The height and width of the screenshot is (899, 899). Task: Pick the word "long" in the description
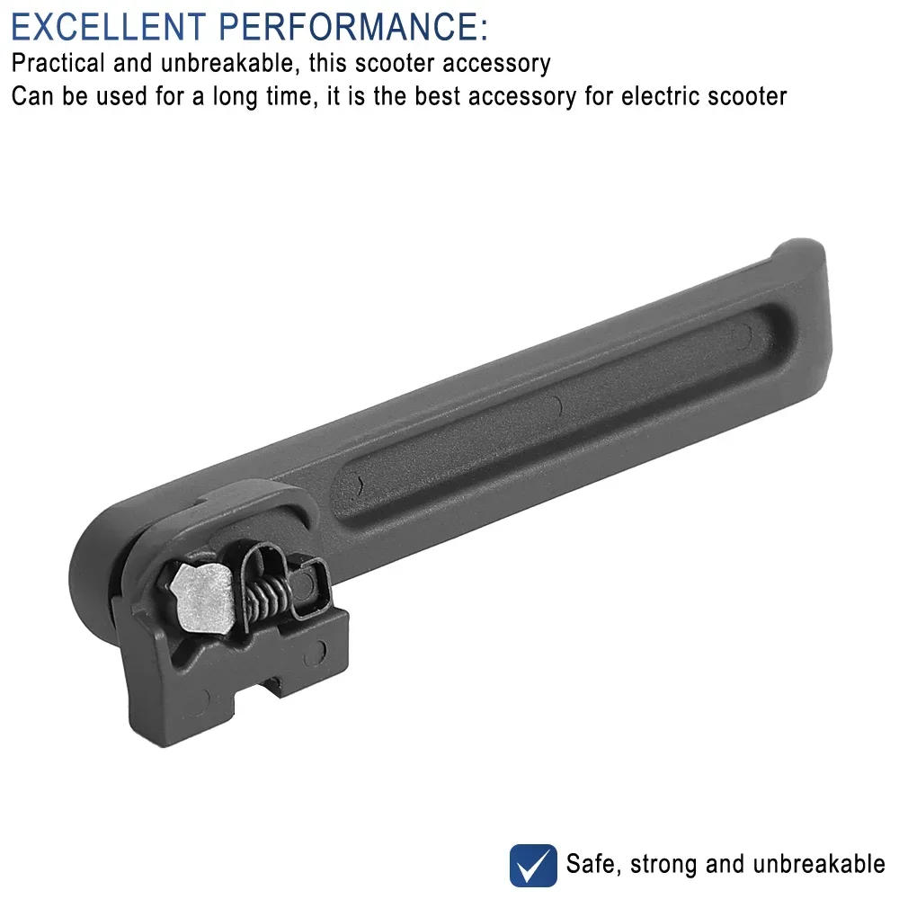(x=238, y=96)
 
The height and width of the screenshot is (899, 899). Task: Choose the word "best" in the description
(x=440, y=96)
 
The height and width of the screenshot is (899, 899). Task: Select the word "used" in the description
(x=114, y=96)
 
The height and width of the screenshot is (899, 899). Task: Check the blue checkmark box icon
(x=533, y=865)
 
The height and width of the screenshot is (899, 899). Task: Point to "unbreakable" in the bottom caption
(x=819, y=865)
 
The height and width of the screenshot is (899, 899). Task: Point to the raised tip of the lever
(x=800, y=261)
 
